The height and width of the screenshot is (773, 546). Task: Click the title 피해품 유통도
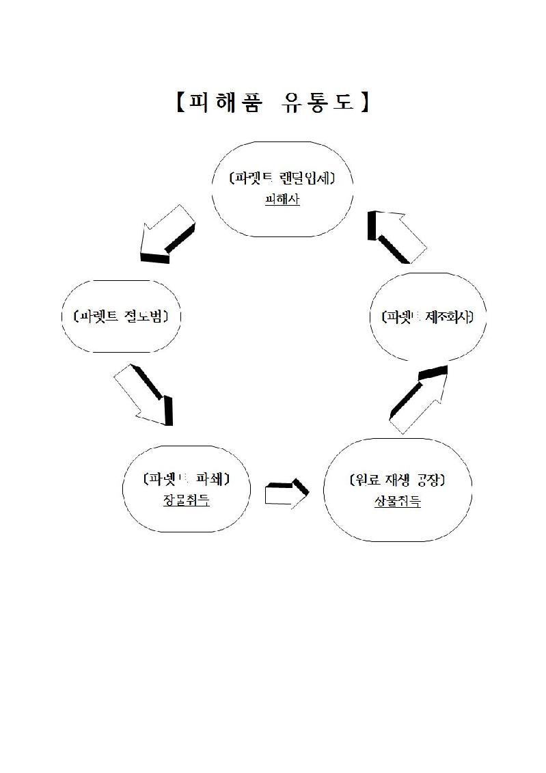click(272, 103)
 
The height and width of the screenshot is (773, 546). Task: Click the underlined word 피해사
click(282, 200)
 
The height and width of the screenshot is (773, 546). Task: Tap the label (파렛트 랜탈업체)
click(282, 178)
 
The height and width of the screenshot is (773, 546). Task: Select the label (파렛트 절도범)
click(121, 316)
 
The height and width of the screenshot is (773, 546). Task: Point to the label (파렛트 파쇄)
click(186, 478)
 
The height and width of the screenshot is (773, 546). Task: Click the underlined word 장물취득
click(186, 500)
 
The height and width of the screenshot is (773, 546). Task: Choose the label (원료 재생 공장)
click(397, 480)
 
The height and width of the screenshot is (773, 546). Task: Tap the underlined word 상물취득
click(397, 501)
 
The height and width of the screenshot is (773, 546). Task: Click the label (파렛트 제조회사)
click(427, 317)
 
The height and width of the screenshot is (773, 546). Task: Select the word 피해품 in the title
click(224, 103)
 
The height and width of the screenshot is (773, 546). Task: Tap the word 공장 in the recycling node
click(431, 480)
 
